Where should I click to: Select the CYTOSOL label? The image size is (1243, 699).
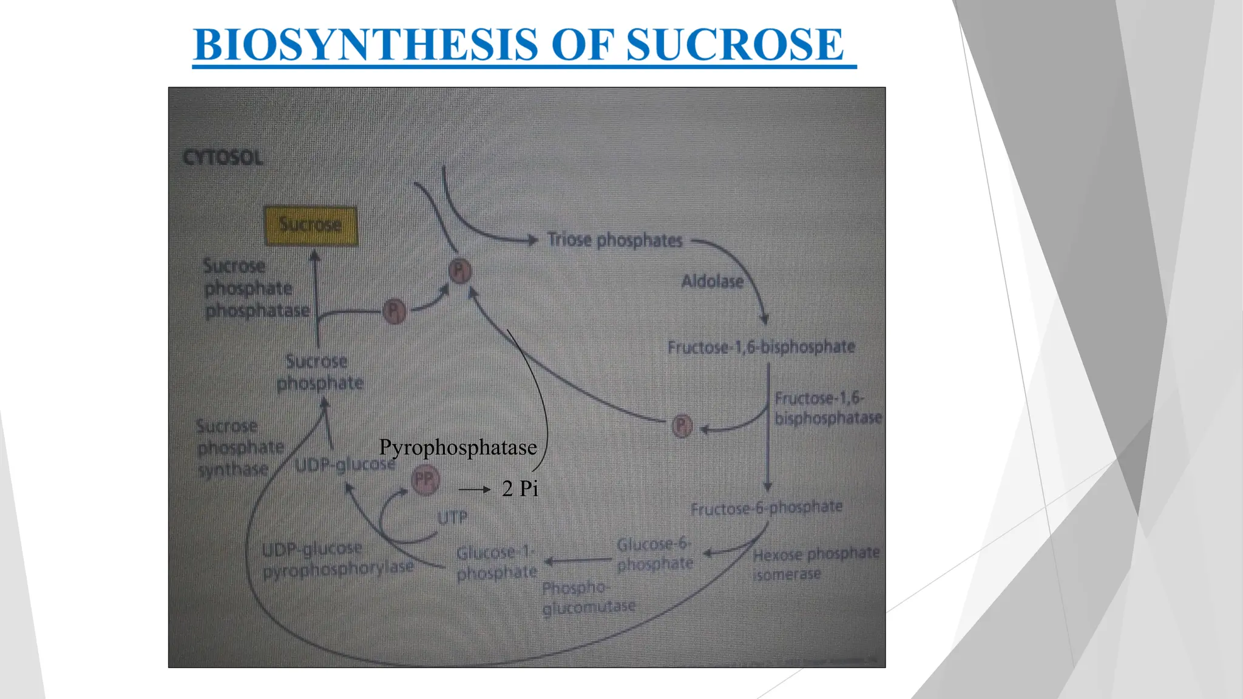coord(223,158)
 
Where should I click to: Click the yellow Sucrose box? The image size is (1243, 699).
coord(311,225)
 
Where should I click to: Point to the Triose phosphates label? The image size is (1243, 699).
coord(615,240)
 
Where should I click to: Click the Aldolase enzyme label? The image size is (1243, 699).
coord(712,282)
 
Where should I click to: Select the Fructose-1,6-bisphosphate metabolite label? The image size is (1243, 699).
coord(761,347)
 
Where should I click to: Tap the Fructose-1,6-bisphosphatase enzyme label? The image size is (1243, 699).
coord(827,408)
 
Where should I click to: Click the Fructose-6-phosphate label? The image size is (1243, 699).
coord(767,507)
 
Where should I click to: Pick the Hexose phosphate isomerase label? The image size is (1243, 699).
coord(815,564)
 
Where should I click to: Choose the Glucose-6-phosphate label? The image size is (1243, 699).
coord(654,554)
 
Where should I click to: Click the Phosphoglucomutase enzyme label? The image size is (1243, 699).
coord(588,598)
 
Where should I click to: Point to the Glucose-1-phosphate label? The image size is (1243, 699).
coord(496,562)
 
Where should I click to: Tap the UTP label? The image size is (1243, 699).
coord(452,518)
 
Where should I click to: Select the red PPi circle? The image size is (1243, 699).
coord(425,481)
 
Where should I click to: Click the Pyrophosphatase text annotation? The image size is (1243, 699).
coord(458,448)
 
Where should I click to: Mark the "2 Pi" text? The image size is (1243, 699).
coord(520,488)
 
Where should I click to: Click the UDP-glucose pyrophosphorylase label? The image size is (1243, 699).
coord(337,559)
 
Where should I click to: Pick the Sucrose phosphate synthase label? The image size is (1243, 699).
coord(240,448)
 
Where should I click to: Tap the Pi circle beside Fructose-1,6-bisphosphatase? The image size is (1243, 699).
coord(682,426)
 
